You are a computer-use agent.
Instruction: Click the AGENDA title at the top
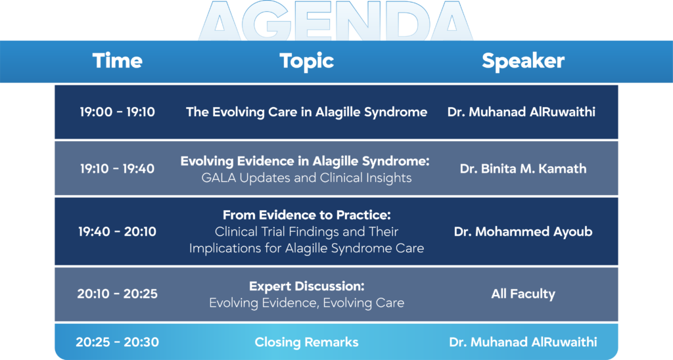(x=336, y=20)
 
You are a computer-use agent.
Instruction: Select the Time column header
(x=117, y=60)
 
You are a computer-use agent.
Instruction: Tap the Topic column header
(x=306, y=61)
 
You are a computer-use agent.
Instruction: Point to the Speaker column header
(x=522, y=61)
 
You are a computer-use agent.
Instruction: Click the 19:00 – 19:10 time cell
(x=117, y=112)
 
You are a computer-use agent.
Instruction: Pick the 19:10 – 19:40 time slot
(x=117, y=169)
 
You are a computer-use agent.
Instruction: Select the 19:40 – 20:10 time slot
(x=117, y=232)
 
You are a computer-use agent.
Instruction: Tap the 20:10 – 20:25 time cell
(x=117, y=294)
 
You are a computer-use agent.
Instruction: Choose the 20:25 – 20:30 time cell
(x=117, y=342)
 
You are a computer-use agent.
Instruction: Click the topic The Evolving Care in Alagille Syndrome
(x=306, y=112)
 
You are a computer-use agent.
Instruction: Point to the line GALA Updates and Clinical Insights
(x=306, y=177)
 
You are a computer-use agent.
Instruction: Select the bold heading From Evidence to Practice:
(x=306, y=215)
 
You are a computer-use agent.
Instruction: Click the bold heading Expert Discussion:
(x=306, y=286)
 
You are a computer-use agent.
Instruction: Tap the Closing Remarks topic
(x=306, y=342)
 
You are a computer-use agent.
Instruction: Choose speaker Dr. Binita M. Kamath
(x=522, y=169)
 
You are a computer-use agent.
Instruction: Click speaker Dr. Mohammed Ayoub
(x=522, y=232)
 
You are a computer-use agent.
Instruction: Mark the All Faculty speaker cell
(x=522, y=294)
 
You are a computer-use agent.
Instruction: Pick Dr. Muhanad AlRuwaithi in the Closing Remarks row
(x=522, y=342)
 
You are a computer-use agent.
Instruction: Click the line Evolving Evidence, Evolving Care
(x=306, y=303)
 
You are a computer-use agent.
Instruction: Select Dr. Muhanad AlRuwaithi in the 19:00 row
(x=521, y=112)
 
